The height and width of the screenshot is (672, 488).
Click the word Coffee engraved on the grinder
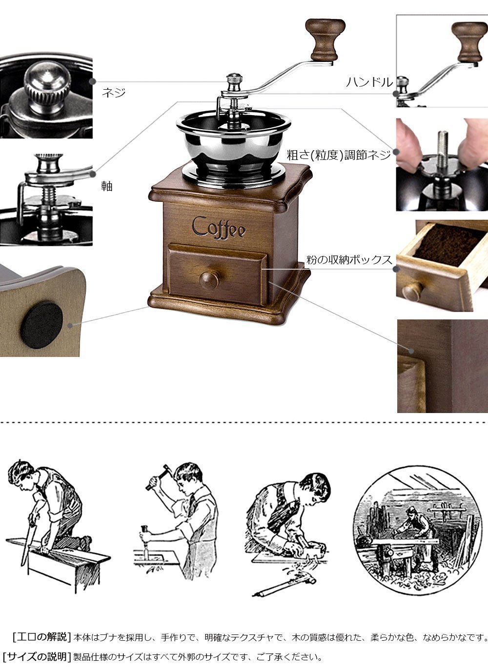[x=219, y=228]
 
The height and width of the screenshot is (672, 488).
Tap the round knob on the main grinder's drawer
[x=209, y=280]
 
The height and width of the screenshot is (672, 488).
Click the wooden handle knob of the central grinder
[x=325, y=40]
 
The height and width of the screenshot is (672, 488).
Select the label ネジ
[x=113, y=92]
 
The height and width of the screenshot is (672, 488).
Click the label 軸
[x=106, y=186]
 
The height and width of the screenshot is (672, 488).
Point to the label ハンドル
[x=369, y=82]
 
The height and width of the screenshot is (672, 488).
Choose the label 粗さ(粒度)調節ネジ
[x=339, y=155]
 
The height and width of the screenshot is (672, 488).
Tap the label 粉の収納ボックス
[x=349, y=260]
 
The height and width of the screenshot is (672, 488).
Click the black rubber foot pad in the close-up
[x=41, y=325]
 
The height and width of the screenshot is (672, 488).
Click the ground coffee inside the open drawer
[x=447, y=244]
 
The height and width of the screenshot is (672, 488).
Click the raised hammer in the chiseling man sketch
[x=156, y=477]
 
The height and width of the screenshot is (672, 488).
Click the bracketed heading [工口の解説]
[x=41, y=636]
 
